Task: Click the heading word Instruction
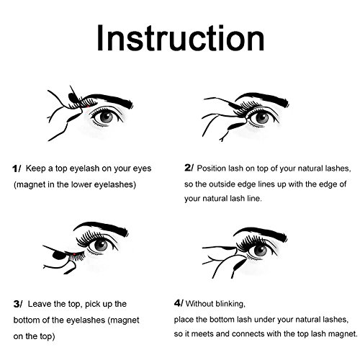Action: pyautogui.click(x=181, y=38)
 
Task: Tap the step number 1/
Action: pyautogui.click(x=17, y=168)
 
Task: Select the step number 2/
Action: pyautogui.click(x=189, y=168)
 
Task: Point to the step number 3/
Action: pyautogui.click(x=18, y=304)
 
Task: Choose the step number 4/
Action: pyautogui.click(x=179, y=303)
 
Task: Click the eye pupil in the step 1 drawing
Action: pyautogui.click(x=107, y=117)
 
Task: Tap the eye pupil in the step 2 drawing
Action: pyautogui.click(x=262, y=118)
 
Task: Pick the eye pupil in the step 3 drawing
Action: pyautogui.click(x=101, y=245)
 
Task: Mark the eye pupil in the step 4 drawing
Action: pyautogui.click(x=260, y=250)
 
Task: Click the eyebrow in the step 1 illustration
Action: pyautogui.click(x=108, y=98)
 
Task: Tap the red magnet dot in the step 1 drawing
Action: pyautogui.click(x=89, y=106)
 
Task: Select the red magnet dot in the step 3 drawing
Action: pyautogui.click(x=74, y=254)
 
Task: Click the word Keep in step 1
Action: pyautogui.click(x=35, y=168)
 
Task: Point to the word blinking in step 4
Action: pyautogui.click(x=230, y=304)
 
